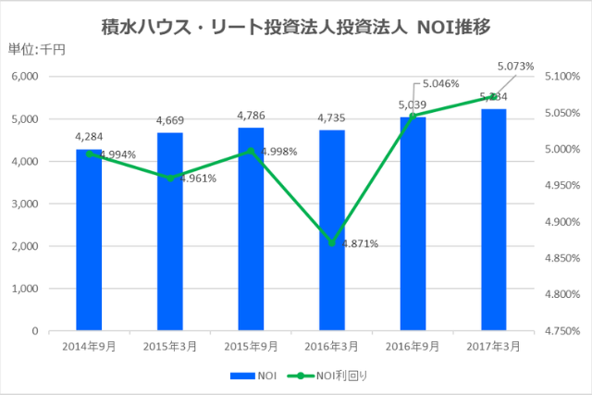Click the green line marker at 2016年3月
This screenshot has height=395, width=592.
pyautogui.click(x=331, y=243)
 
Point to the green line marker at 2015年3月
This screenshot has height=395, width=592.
pyautogui.click(x=170, y=178)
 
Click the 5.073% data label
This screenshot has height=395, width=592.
pyautogui.click(x=514, y=67)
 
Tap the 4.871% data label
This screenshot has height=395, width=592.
pyautogui.click(x=359, y=244)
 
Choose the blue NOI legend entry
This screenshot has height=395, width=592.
pyautogui.click(x=261, y=376)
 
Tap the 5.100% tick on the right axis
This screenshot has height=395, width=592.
pyautogui.click(x=561, y=77)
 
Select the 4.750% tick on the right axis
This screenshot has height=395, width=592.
pyautogui.click(x=561, y=330)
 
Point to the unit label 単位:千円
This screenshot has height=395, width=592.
pyautogui.click(x=34, y=51)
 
